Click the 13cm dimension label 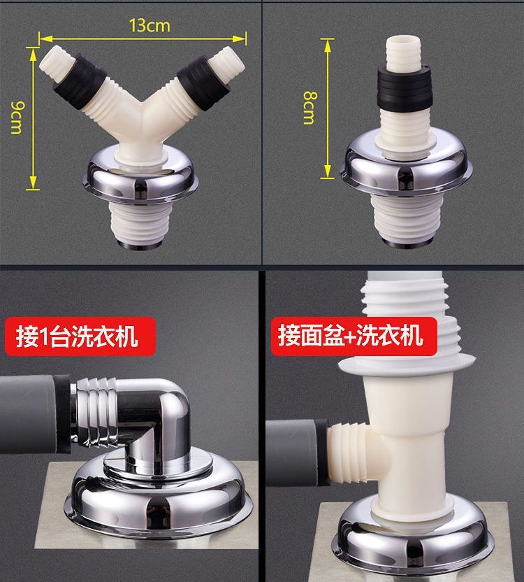[149, 26]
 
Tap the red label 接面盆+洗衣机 [349, 335]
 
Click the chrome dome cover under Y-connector [143, 178]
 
